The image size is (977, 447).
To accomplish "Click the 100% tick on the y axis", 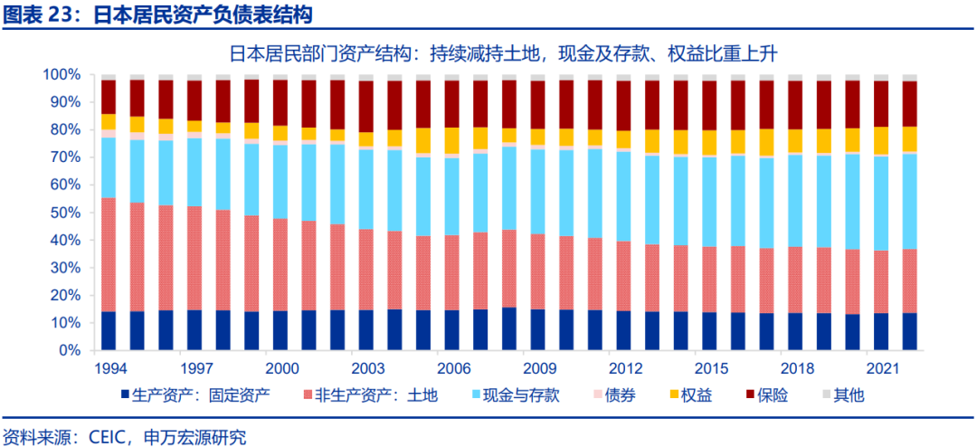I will [x=62, y=74].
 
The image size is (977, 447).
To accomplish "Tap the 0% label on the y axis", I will [x=70, y=350].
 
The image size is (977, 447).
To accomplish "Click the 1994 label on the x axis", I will [x=110, y=368].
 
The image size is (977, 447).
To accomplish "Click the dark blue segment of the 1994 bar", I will [x=109, y=330].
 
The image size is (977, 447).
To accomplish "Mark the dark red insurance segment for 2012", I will [x=623, y=105].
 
